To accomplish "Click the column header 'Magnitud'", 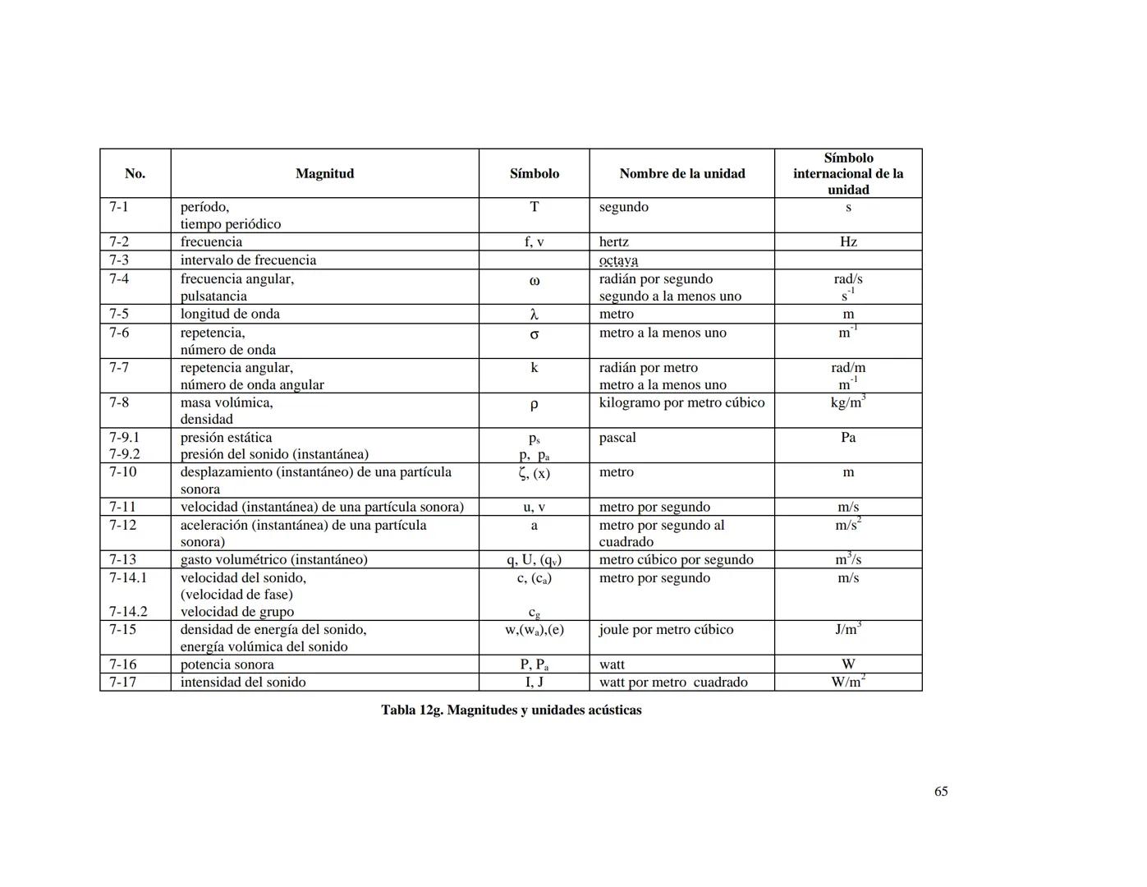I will click(x=324, y=173).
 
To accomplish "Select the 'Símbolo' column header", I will click(x=534, y=173).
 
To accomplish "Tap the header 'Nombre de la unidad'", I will click(x=681, y=173).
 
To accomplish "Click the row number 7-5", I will click(x=119, y=314).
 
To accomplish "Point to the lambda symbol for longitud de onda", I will click(x=534, y=315).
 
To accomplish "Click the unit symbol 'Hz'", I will click(x=848, y=241).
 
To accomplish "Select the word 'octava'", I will click(x=618, y=260).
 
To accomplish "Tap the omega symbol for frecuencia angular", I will click(x=534, y=281).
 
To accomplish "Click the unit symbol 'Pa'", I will click(x=848, y=438).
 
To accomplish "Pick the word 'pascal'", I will click(x=617, y=438).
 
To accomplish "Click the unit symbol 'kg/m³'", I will click(x=847, y=402).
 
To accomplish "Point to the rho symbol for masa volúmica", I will click(x=534, y=405).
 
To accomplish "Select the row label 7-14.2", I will click(x=128, y=612).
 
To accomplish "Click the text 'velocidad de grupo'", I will click(x=237, y=612).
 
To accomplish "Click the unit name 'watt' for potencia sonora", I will click(x=612, y=664).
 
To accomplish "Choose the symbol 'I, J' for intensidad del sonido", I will click(x=534, y=682).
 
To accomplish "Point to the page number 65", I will click(x=941, y=791).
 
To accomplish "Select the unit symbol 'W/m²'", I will click(x=848, y=682).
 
